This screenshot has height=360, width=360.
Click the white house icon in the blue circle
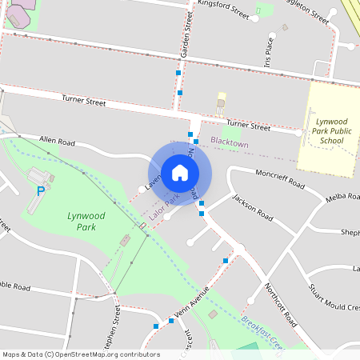click(x=179, y=173)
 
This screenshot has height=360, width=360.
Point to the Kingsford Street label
click(x=224, y=12)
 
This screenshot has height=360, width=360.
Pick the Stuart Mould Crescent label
click(x=333, y=300)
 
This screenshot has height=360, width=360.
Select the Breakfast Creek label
click(x=263, y=331)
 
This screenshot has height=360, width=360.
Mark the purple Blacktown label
click(x=230, y=141)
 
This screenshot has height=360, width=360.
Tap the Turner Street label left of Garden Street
click(x=84, y=102)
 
